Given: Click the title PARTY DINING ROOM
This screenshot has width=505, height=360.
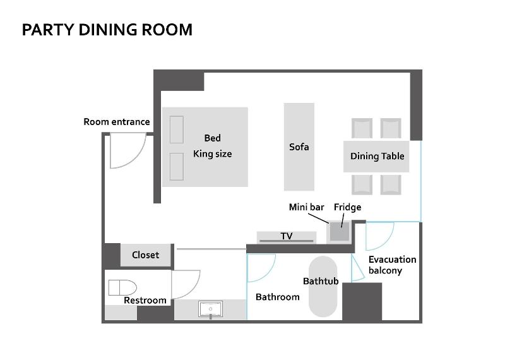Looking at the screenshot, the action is (107, 30).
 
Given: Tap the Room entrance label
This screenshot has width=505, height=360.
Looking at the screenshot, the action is (117, 122).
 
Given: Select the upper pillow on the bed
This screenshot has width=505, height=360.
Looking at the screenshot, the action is (177, 129).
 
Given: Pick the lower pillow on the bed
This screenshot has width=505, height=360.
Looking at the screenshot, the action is (177, 167).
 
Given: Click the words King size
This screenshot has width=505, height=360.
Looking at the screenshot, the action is (212, 153).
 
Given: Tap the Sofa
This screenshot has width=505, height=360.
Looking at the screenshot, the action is (299, 147).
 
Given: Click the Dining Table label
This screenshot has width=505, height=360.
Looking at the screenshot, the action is (377, 156).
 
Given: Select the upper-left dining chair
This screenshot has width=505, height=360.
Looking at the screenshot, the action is (362, 128).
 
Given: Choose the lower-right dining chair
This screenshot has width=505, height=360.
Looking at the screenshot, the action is (391, 184).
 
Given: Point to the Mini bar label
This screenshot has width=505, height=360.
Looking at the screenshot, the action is (306, 207).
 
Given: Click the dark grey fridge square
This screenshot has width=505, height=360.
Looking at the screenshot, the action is (340, 231).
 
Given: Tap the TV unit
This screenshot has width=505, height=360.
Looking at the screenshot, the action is (287, 237).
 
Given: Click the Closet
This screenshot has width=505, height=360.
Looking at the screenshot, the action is (145, 255).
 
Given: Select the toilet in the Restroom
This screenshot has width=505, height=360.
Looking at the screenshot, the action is (122, 287).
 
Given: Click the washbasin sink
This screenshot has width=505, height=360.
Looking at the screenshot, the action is (210, 309).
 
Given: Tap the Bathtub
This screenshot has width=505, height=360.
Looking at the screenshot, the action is (323, 287).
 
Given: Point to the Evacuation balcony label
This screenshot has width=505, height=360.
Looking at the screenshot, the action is (392, 265).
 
